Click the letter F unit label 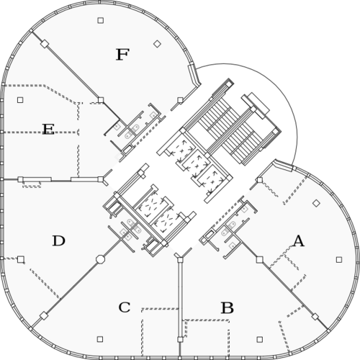pyautogui.click(x=122, y=55)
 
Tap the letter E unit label pyautogui.click(x=48, y=129)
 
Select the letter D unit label pyautogui.click(x=59, y=240)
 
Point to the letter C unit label pyautogui.click(x=125, y=307)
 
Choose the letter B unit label pyautogui.click(x=227, y=307)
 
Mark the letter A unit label pyautogui.click(x=298, y=241)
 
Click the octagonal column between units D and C pyautogui.click(x=100, y=259)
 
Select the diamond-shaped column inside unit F pyautogui.click(x=157, y=44)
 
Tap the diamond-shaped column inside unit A pyautogui.click(x=317, y=203)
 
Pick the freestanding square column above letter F pyautogui.click(x=101, y=20)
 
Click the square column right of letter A pyautogui.click(x=339, y=259)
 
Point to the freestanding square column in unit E pyautogui.click(x=20, y=99)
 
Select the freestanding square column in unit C pyautogui.click(x=100, y=339)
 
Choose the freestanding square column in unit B pyautogui.click(x=259, y=339)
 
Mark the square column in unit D pyautogui.click(x=21, y=259)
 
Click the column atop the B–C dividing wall pyautogui.click(x=180, y=259)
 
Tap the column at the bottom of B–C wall pyautogui.click(x=180, y=339)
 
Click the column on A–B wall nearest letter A pyautogui.click(x=259, y=259)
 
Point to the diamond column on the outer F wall pyautogui.click(x=45, y=44)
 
